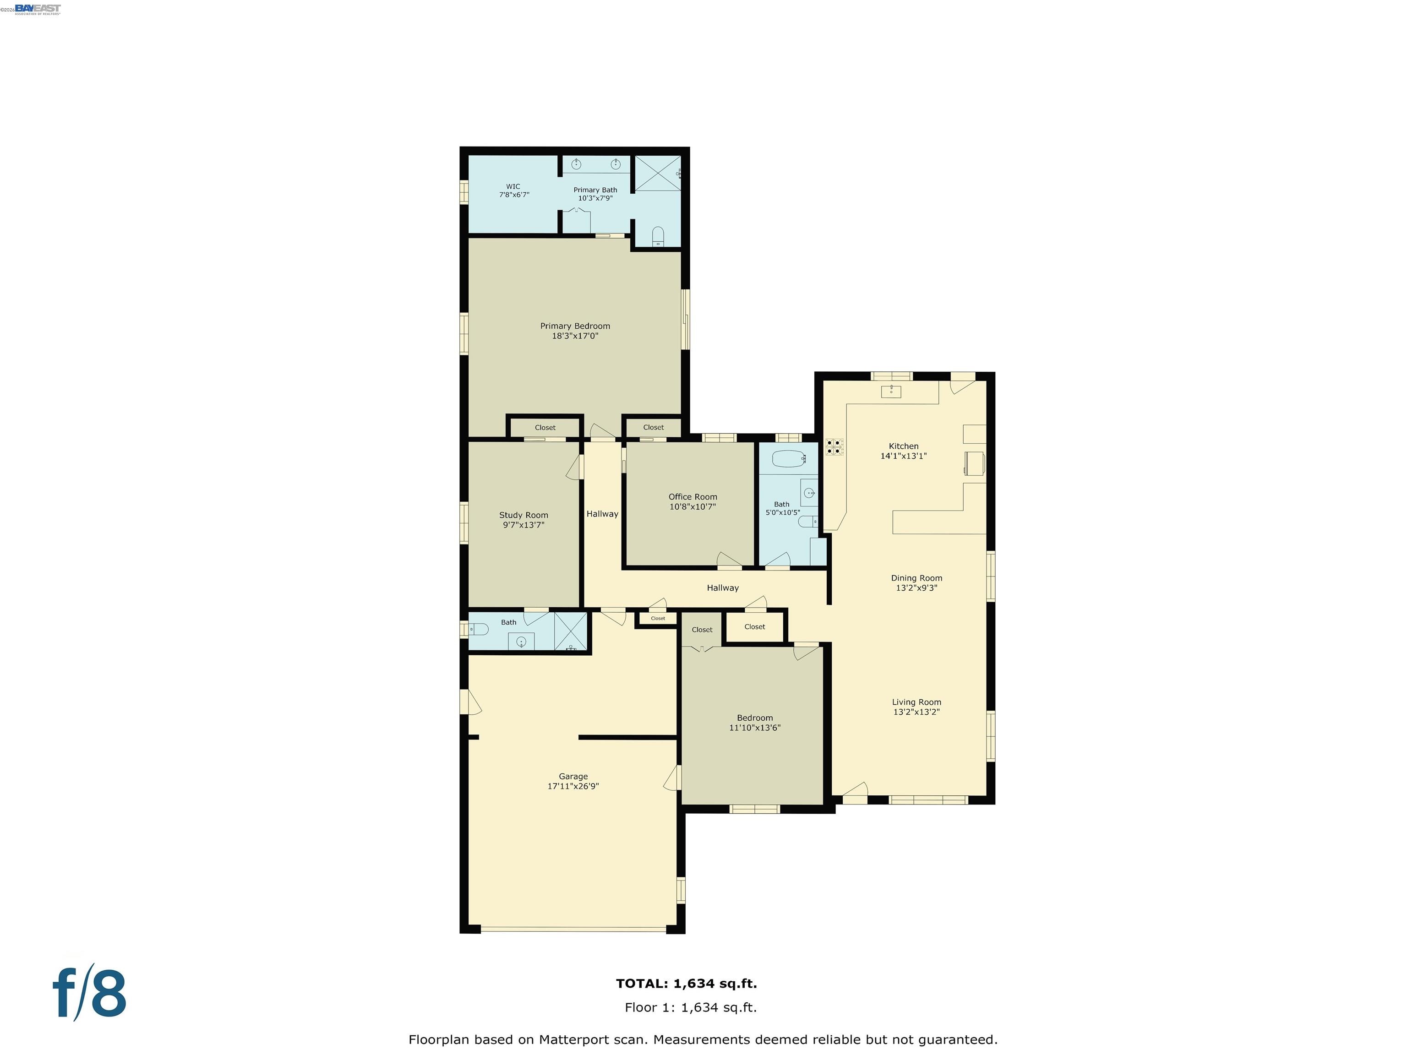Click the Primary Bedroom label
click(x=575, y=326)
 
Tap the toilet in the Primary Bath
click(x=658, y=237)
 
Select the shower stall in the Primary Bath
click(x=658, y=172)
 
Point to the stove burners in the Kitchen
click(x=834, y=446)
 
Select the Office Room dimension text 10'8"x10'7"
click(x=693, y=507)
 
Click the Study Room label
click(x=524, y=515)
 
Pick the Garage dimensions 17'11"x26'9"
click(x=573, y=786)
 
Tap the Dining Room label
click(x=916, y=578)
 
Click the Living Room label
click(x=916, y=702)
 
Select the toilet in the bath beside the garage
click(x=479, y=629)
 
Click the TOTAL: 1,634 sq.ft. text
click(x=687, y=983)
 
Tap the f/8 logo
click(x=89, y=993)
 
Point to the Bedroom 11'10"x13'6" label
click(x=755, y=718)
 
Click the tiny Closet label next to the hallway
click(x=658, y=618)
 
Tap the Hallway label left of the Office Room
click(x=602, y=514)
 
